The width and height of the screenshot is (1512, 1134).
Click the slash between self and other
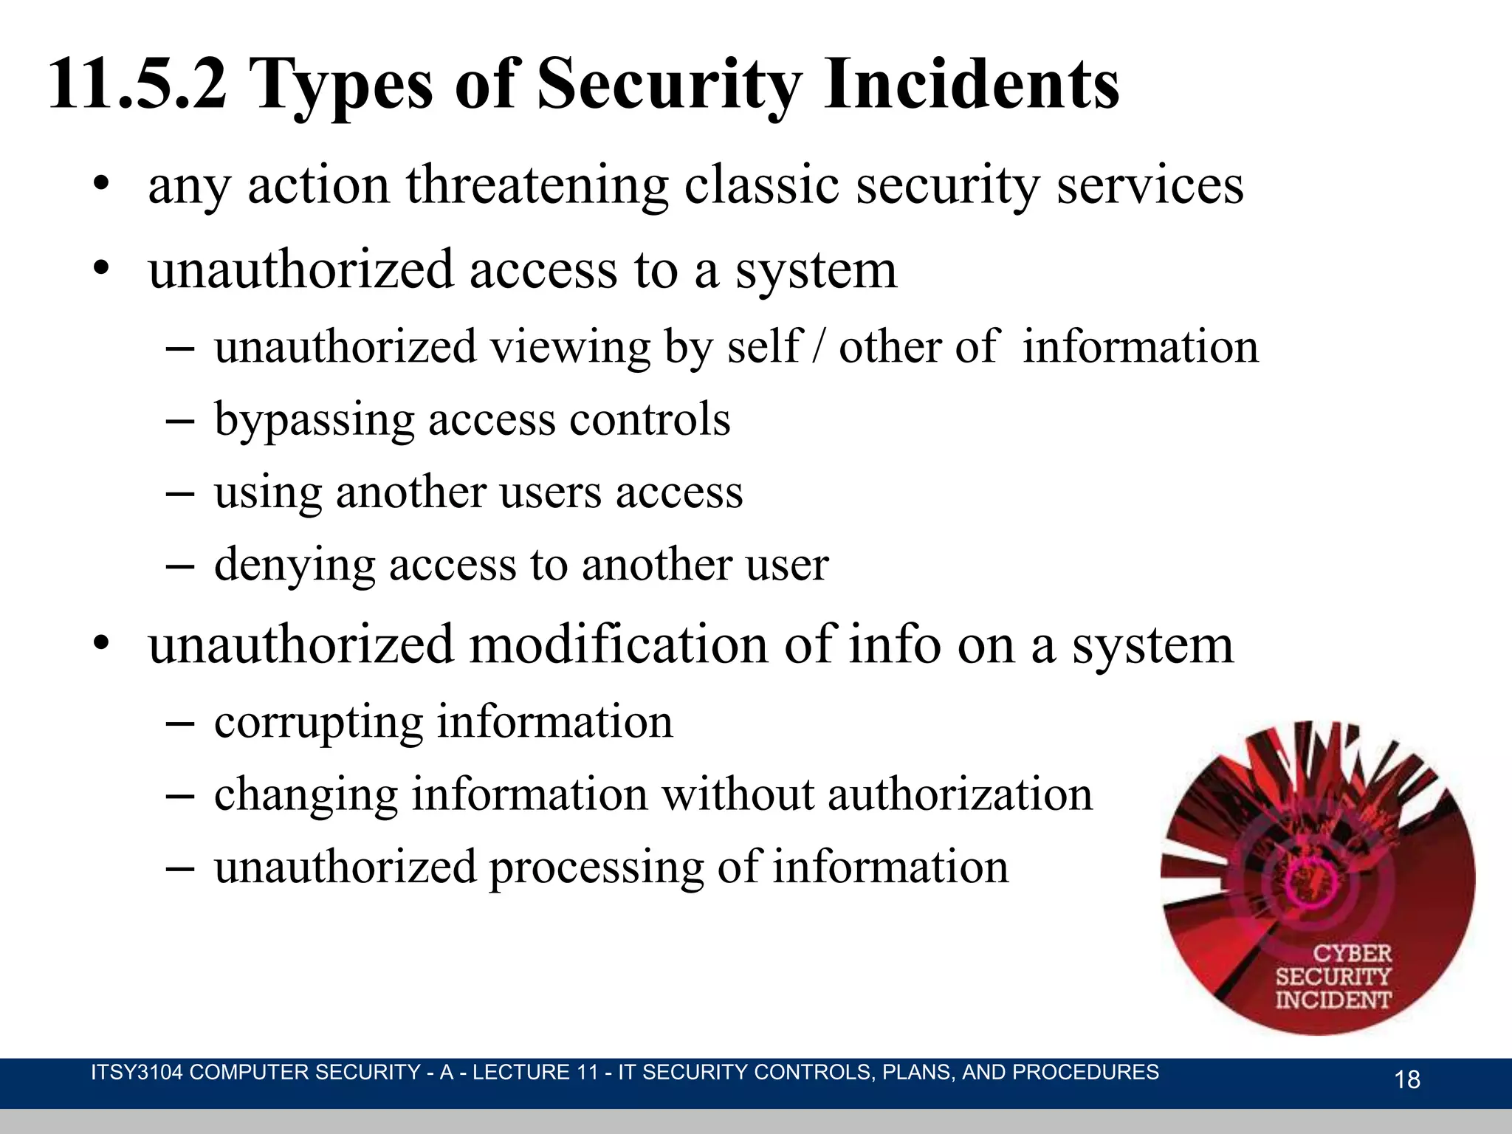point(817,347)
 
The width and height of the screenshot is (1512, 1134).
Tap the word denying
point(294,566)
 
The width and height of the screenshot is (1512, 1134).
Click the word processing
point(595,868)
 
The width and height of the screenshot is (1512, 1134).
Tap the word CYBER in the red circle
point(1352,953)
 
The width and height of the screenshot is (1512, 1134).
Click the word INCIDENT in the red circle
point(1333,1000)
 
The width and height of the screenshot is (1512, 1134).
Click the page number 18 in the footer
point(1407,1079)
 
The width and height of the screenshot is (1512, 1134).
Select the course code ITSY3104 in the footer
point(136,1072)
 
